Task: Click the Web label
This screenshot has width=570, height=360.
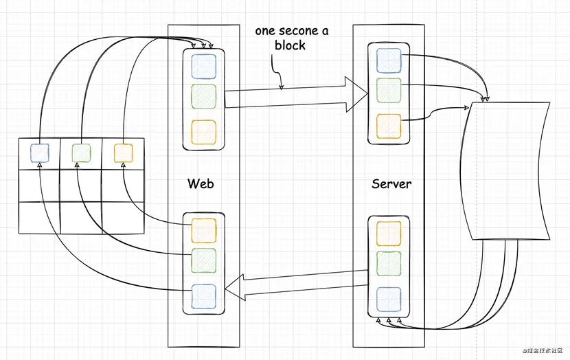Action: coord(201,183)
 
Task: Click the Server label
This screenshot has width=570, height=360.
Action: coord(391,183)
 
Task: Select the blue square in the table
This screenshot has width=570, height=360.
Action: coord(40,153)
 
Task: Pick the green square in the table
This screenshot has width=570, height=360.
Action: coord(81,153)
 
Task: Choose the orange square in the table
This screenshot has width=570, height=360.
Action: coord(123,153)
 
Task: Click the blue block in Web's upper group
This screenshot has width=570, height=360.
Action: coord(203,66)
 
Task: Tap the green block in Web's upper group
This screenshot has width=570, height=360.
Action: coord(203,97)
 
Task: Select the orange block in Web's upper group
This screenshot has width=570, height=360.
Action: coord(203,131)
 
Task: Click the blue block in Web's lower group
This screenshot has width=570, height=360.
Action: coord(203,296)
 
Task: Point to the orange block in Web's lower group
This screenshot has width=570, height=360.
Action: coord(203,230)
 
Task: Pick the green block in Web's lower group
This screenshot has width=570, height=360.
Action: coord(203,261)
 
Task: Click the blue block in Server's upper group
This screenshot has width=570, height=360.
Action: coord(389,60)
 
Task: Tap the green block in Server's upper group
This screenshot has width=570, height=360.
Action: coord(389,91)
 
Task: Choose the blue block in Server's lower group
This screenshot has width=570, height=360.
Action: coord(389,300)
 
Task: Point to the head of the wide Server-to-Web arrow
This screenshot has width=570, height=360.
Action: coord(236,287)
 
